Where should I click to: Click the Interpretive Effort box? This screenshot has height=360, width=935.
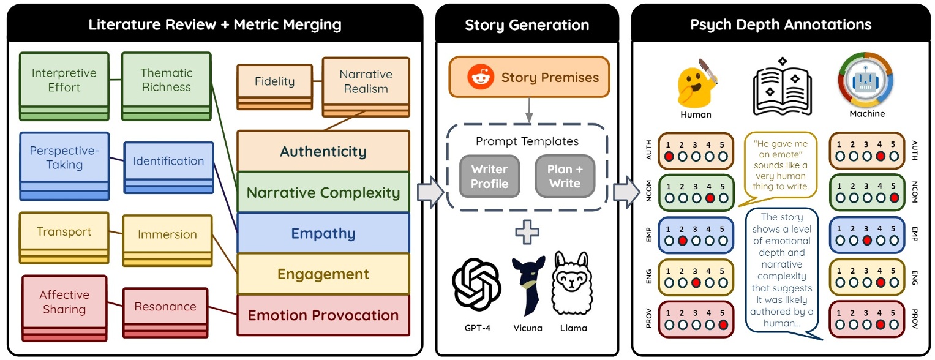(64, 86)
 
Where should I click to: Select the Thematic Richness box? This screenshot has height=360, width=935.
(167, 86)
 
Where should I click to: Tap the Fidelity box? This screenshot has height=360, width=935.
(275, 87)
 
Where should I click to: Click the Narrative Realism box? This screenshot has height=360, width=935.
(366, 87)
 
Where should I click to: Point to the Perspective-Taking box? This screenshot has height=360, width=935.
(65, 167)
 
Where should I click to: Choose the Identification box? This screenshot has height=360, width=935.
(168, 168)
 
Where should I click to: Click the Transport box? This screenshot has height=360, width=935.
(64, 238)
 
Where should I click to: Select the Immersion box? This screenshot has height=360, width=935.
(167, 241)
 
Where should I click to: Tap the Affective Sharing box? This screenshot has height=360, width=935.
(65, 309)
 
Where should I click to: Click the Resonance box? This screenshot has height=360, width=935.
(165, 313)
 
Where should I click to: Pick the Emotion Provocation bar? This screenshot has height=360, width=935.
(323, 315)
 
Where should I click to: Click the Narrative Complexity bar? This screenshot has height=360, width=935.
(323, 192)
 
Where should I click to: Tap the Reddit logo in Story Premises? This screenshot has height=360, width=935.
(481, 77)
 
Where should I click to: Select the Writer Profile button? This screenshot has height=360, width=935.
(490, 176)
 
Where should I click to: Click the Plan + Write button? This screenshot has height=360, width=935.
(565, 176)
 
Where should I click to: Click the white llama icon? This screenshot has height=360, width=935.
(572, 283)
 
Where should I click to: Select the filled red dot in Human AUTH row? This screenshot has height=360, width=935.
(669, 157)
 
